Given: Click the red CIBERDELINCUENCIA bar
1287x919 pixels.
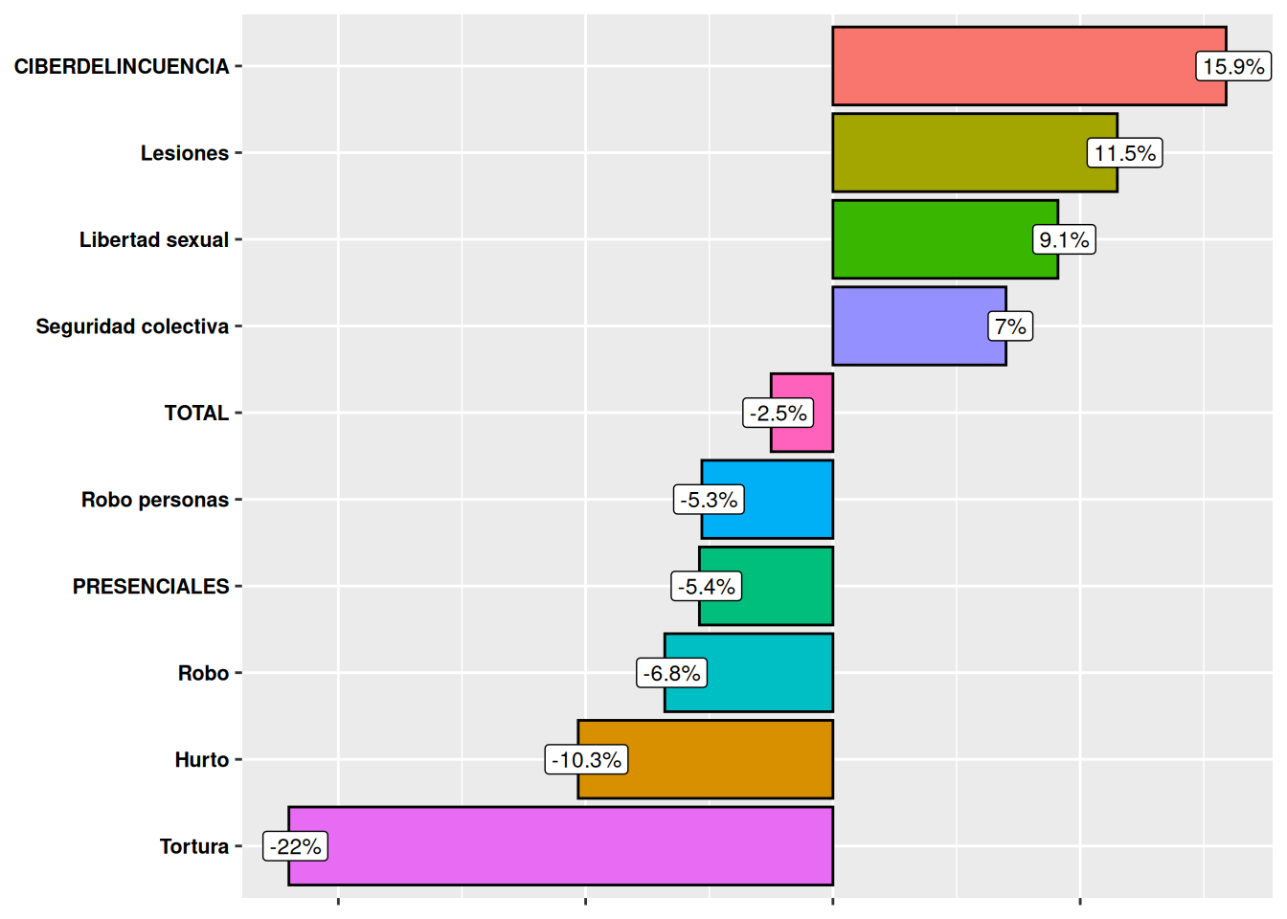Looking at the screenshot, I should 1005,66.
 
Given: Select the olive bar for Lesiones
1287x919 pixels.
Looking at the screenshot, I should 958,153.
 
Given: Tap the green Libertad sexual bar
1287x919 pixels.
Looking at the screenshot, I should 929,239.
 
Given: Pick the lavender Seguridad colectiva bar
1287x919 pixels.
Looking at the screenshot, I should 905,326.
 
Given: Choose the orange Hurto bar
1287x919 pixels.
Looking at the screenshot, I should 728,760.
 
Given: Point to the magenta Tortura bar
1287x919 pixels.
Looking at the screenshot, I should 575,846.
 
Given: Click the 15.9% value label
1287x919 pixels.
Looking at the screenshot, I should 1233,67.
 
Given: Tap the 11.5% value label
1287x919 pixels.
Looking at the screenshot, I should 1124,153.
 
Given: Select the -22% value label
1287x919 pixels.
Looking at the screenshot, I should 295,846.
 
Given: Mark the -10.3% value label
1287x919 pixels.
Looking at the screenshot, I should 586,760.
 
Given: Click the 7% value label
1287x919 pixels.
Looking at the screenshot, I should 1009,326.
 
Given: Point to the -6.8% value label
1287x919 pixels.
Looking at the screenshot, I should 671,673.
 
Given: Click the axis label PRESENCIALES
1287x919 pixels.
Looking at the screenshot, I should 151,587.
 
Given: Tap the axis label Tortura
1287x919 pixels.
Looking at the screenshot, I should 194,846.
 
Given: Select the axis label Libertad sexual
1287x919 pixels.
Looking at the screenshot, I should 154,240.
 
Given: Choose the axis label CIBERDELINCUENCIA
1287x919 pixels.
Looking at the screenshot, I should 122,67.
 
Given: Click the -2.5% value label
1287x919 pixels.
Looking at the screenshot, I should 778,414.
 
